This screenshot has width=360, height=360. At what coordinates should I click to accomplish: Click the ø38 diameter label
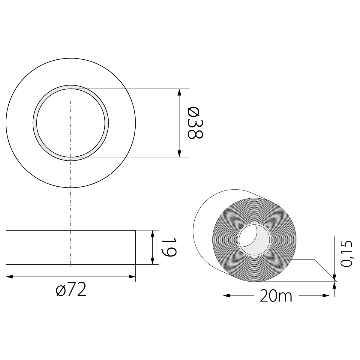tap(195, 123)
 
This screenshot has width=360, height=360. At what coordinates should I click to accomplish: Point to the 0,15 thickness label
tap(348, 253)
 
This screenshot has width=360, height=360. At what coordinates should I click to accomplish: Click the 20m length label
tap(276, 296)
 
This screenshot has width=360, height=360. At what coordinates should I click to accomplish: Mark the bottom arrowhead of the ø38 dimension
tap(179, 154)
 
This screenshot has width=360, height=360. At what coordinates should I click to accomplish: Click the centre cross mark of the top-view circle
tap(71, 123)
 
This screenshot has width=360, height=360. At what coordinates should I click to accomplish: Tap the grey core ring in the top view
tap(35, 123)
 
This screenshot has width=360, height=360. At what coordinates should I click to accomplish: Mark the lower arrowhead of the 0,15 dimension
tap(334, 285)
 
